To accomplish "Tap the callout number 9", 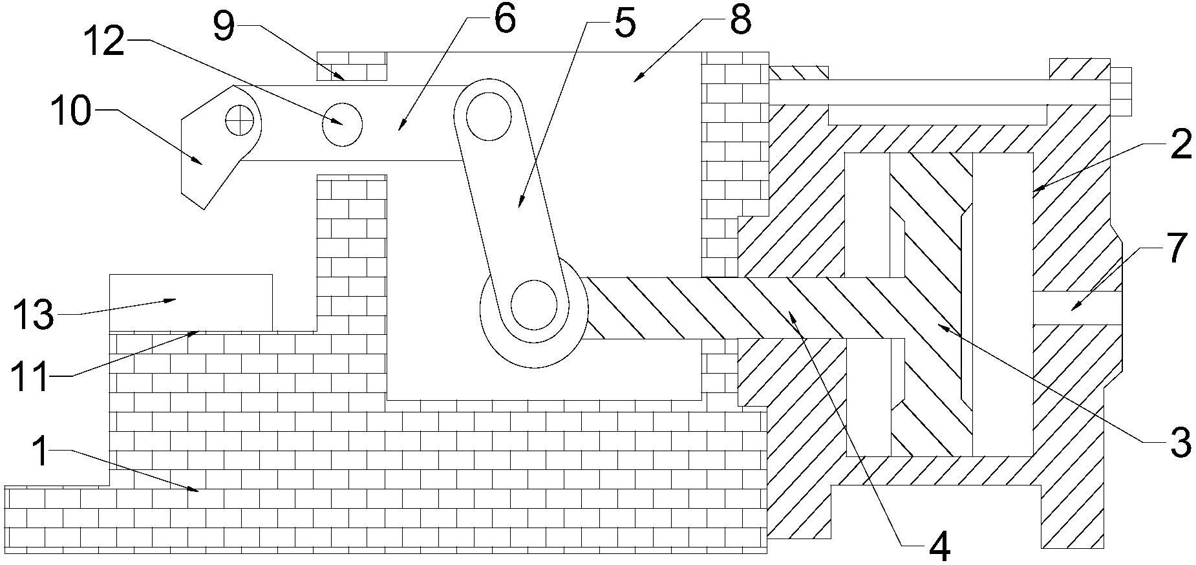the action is tap(224, 27).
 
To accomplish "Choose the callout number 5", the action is tap(624, 22).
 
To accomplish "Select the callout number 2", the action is tap(1180, 145).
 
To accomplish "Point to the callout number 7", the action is tap(1178, 248).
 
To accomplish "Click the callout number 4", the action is tap(939, 548).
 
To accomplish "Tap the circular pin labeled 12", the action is tap(342, 123).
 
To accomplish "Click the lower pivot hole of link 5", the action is tap(534, 304).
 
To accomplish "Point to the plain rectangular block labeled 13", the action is tap(191, 303).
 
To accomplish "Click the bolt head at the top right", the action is tap(1120, 90).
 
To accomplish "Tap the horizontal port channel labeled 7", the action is tap(1077, 308).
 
